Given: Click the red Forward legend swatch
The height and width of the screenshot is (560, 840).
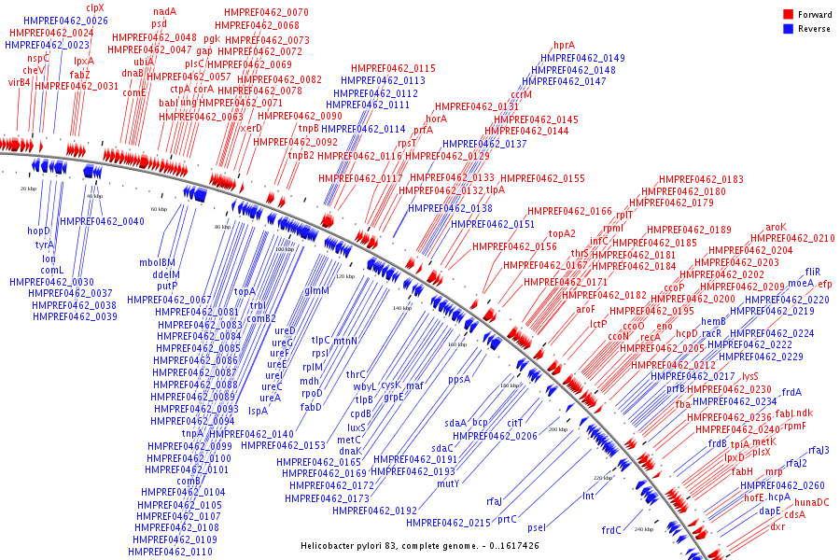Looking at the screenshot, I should pos(788,14).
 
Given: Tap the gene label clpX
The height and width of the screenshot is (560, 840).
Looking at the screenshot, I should pos(95,7).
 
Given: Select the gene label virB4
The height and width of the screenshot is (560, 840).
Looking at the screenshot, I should pos(20,82).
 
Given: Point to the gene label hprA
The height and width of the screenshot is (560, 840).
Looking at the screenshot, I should pos(564,45).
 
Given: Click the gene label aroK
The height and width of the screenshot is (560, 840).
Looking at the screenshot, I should pos(777,227).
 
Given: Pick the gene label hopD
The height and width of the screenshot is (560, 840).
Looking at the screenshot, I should pos(38,231).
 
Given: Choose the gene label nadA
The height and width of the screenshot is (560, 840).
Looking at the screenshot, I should pos(164,11).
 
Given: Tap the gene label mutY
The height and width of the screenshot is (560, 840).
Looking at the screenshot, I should pos(448,483).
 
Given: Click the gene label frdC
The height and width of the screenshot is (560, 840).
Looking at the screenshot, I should pos(611,531).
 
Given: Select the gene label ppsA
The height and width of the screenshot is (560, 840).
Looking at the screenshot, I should pos(459,380).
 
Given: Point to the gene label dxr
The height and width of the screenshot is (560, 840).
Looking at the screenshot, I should pos(777,526).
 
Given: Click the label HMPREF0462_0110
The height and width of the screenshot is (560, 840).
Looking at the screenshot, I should pos(170,552).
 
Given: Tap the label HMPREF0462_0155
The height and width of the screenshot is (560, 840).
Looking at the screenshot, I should pos(542,178).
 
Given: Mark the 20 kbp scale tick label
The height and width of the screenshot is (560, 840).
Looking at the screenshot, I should pos(28,189).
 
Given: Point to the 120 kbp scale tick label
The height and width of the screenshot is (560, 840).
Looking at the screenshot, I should pos(345,277).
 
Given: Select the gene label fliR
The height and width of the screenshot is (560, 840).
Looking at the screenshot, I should pos(813,272).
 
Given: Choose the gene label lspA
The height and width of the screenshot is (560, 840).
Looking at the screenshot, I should pos(258,410).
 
